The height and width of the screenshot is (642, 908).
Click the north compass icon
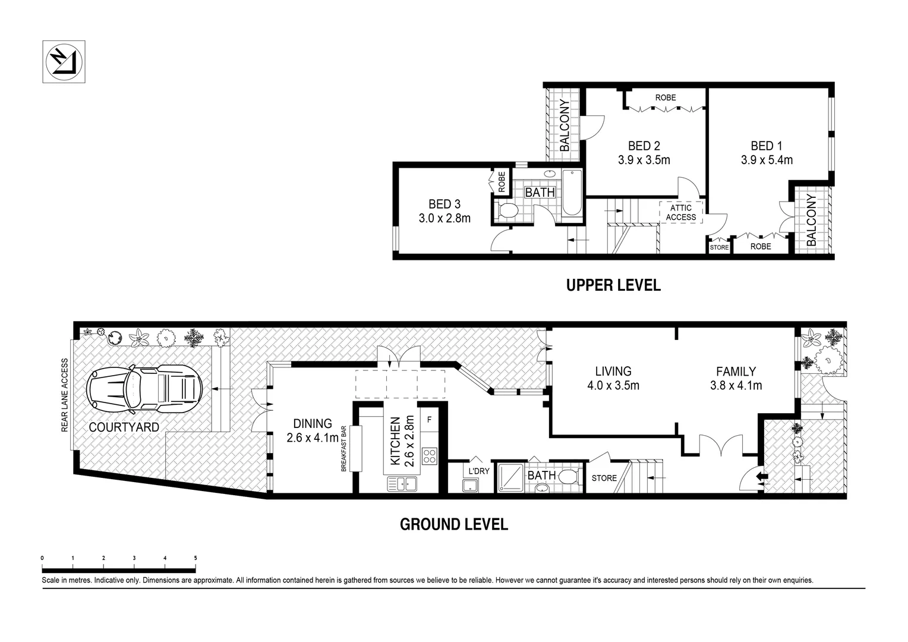tap(64, 62)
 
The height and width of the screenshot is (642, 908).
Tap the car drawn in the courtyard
tap(144, 390)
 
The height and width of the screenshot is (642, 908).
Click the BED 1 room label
tap(766, 146)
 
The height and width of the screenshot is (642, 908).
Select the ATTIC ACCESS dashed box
tap(680, 213)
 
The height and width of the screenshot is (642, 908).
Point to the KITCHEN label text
tap(395, 442)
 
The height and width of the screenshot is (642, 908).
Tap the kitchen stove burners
tap(430, 457)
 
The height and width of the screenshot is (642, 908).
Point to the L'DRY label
tap(479, 471)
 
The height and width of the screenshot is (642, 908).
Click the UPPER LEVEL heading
tap(613, 285)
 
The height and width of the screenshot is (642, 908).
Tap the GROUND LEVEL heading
tap(453, 524)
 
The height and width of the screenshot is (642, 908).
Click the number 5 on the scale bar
tap(196, 558)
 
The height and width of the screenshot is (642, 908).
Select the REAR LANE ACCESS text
tap(65, 395)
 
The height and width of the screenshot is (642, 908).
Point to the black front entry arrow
tap(761, 476)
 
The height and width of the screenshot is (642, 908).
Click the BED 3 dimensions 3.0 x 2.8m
tap(444, 218)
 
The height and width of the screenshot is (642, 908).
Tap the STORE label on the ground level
tap(604, 478)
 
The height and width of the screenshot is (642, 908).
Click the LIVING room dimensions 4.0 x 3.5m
tap(613, 385)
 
